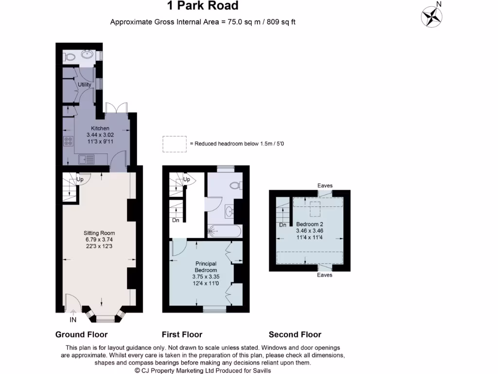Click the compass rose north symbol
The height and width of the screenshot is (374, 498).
[x=432, y=16]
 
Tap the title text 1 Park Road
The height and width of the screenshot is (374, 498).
[x=203, y=5]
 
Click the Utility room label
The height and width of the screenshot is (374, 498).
[x=85, y=85]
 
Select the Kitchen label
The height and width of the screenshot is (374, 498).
[x=100, y=128]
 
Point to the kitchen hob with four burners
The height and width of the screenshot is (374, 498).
[x=68, y=141]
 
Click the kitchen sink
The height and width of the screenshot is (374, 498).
[x=87, y=159]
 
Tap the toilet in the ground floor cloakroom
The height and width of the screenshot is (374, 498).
[x=69, y=57]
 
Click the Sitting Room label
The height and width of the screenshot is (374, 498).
[x=99, y=233]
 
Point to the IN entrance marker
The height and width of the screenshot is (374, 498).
[x=73, y=319]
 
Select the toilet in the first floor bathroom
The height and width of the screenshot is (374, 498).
[x=236, y=185]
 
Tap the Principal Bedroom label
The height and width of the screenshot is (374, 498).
[x=206, y=267]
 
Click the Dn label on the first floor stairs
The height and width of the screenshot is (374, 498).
[x=176, y=220]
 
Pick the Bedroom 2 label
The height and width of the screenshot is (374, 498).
[x=309, y=224]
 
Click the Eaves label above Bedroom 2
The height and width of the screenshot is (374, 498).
[x=325, y=186]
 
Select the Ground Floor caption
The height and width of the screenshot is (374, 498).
[x=81, y=334]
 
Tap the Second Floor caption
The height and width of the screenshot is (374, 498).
[x=295, y=334]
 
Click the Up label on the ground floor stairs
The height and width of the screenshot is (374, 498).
[x=80, y=179]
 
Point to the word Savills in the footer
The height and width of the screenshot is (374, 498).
[x=262, y=371]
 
